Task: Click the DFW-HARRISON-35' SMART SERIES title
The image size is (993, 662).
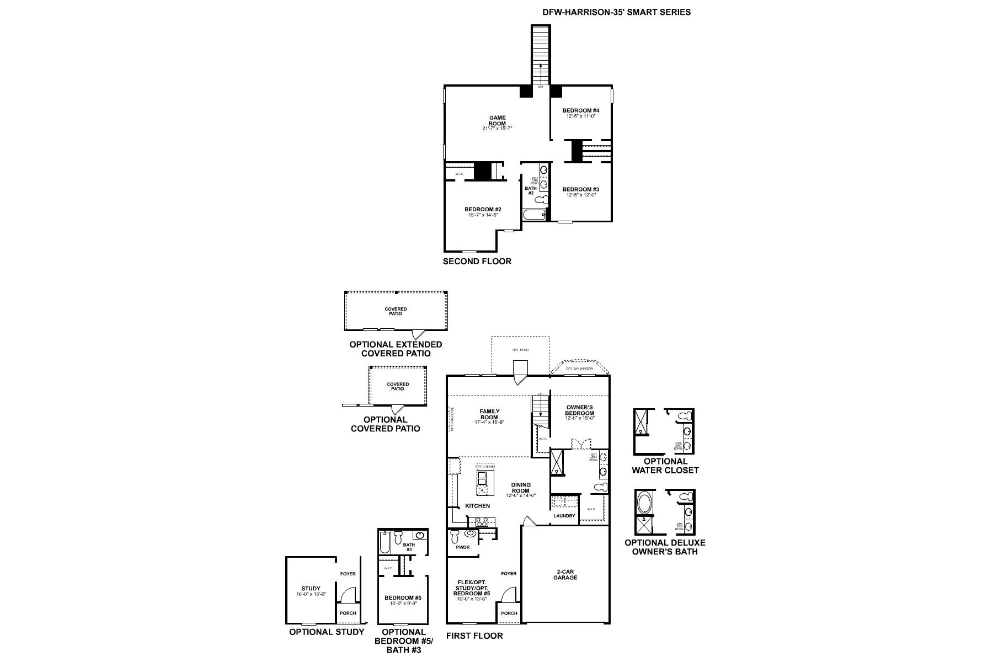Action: [x=617, y=12]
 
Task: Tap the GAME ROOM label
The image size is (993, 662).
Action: [x=497, y=120]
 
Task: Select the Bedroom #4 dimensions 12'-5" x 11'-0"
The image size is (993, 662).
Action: [x=581, y=116]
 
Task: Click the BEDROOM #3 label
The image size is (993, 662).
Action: [x=581, y=189]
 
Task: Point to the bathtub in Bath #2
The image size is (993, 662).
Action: [x=533, y=215]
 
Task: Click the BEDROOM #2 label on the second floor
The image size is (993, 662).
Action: [x=483, y=209]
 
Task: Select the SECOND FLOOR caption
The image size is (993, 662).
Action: [x=477, y=261]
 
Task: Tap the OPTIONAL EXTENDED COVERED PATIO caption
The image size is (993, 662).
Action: [x=396, y=349]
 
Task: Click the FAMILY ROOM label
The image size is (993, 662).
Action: [x=489, y=414]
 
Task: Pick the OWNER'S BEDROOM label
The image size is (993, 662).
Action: [x=579, y=410]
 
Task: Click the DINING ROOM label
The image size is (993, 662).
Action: [x=520, y=488]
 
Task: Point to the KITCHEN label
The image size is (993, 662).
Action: [x=477, y=505]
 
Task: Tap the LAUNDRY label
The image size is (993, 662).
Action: [x=564, y=516]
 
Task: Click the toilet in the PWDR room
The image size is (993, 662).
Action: [x=455, y=536]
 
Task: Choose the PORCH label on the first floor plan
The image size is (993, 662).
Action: [x=509, y=613]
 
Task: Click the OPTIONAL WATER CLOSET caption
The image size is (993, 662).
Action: [x=665, y=466]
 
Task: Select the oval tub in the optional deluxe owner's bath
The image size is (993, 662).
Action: [x=644, y=503]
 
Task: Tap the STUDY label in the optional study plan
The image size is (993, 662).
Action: [x=311, y=589]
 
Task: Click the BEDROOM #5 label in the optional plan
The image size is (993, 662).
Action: [x=403, y=597]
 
